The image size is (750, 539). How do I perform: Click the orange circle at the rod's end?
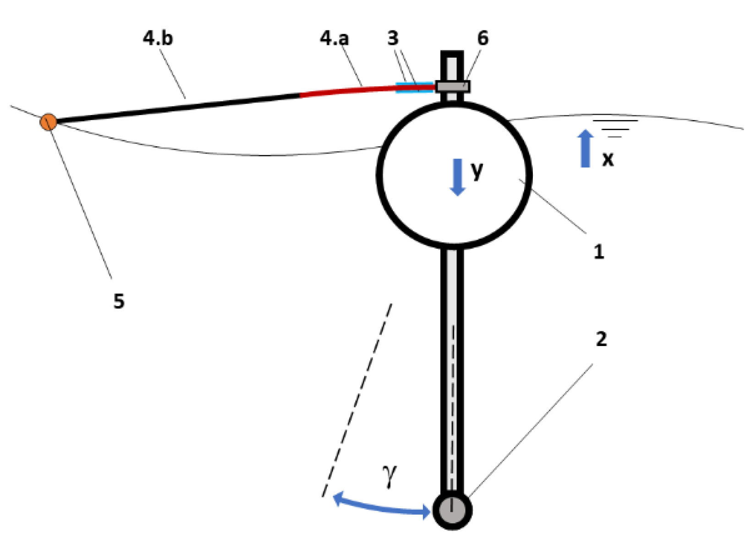coord(48,122)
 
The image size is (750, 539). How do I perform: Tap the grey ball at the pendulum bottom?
coord(452,510)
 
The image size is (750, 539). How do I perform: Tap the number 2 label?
coord(601,339)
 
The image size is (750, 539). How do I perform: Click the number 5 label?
coord(119,302)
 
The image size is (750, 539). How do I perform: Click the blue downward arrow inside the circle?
coord(457,177)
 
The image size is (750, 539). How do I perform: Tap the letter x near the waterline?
coord(608,159)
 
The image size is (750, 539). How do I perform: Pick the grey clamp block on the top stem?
coord(453,86)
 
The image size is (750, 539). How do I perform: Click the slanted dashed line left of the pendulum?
coord(357,399)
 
